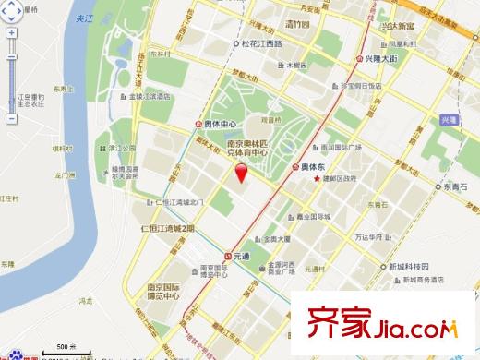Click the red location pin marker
[242, 174]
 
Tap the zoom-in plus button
[11, 32]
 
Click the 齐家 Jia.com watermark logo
[387, 325]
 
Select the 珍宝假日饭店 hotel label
[360, 85]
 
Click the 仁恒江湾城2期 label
[167, 227]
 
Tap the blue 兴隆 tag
[449, 121]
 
